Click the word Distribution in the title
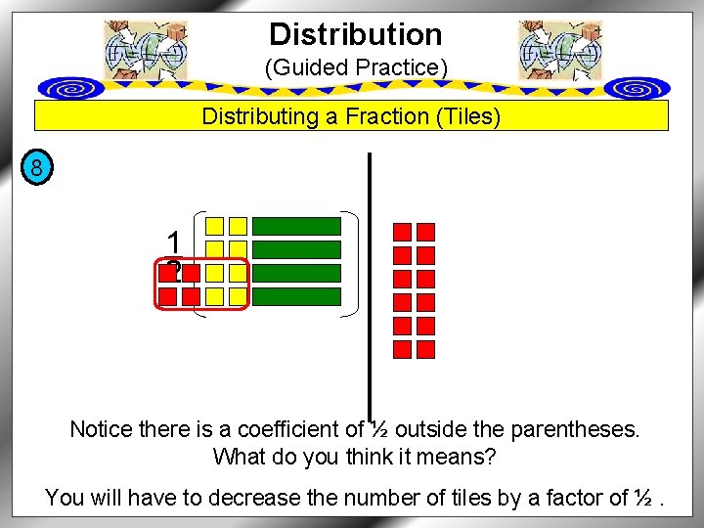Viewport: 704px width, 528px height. click(356, 34)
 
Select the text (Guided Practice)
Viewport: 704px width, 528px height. click(356, 68)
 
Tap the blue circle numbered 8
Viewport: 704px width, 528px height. click(36, 168)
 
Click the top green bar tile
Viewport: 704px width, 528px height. click(296, 226)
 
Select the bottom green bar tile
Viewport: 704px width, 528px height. click(296, 296)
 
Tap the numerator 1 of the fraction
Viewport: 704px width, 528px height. click(173, 242)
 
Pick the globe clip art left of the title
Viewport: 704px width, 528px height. click(145, 49)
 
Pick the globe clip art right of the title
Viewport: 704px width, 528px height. click(560, 49)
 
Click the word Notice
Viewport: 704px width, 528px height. click(100, 429)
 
